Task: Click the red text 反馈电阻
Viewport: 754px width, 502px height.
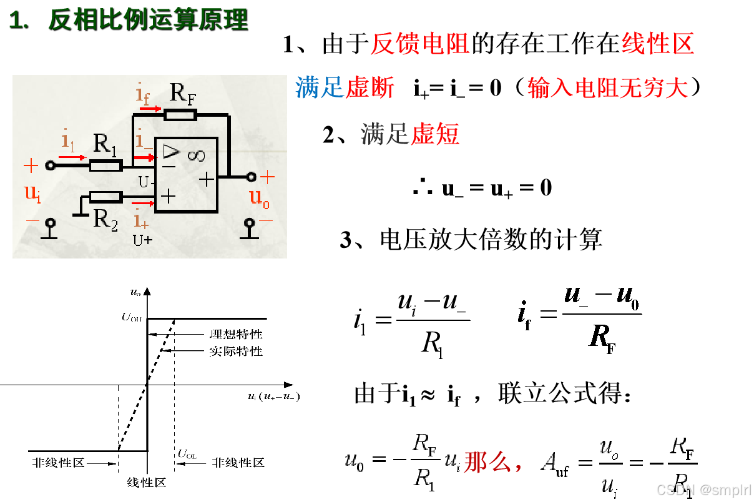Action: tap(419, 44)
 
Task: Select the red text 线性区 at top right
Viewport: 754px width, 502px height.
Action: tap(657, 44)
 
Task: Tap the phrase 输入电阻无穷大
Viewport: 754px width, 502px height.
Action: tap(607, 89)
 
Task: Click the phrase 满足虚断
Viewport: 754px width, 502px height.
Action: tap(345, 88)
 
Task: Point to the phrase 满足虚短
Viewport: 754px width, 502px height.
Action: tap(409, 134)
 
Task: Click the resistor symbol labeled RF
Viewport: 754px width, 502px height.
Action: tap(180, 114)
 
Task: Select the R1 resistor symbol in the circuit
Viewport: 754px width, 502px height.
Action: tap(105, 165)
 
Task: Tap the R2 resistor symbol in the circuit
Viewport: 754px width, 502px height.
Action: tap(105, 197)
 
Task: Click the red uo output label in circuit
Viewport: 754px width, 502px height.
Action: tap(260, 198)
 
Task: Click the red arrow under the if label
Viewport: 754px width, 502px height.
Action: tap(150, 108)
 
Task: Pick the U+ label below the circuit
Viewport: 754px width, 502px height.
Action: tap(142, 239)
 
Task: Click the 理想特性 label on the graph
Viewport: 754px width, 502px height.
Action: tap(236, 335)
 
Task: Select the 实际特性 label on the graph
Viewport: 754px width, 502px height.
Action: tap(236, 352)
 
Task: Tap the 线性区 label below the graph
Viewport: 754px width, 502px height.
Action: tap(146, 482)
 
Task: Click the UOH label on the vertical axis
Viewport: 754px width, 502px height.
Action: tap(132, 318)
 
